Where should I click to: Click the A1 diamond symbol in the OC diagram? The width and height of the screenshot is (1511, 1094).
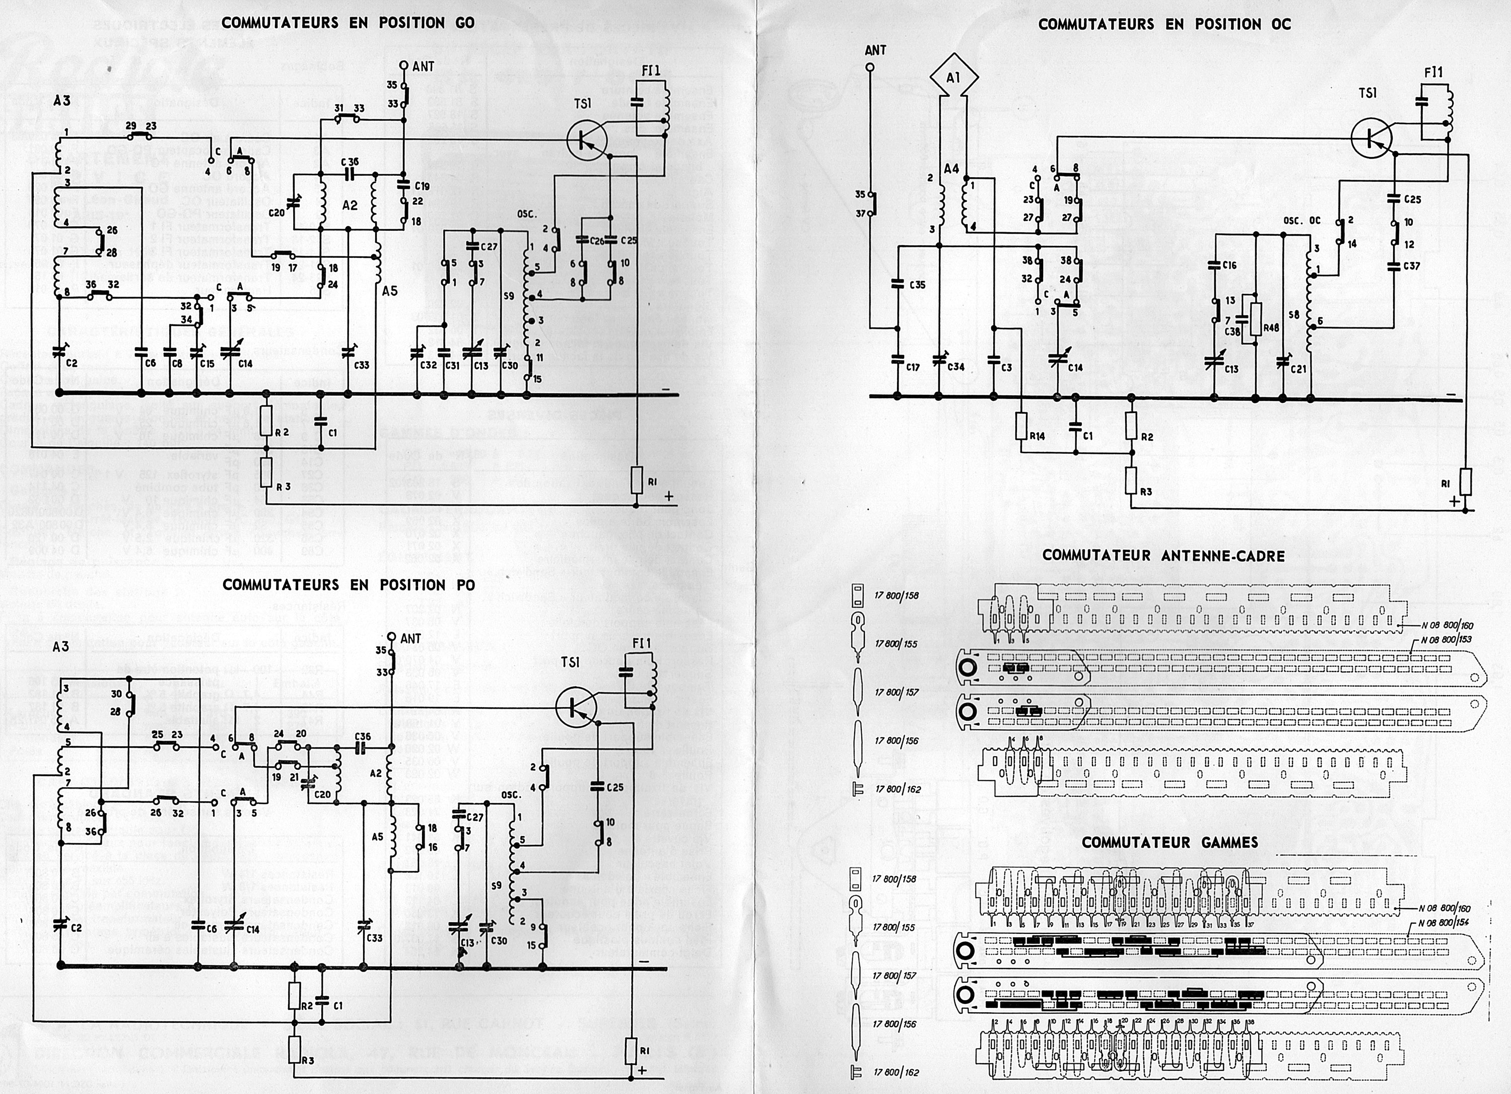(x=953, y=78)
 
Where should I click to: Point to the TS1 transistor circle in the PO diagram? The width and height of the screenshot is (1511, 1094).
(x=576, y=708)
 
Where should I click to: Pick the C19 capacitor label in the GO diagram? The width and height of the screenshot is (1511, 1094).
(x=422, y=186)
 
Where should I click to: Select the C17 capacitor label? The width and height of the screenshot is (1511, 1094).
(x=912, y=367)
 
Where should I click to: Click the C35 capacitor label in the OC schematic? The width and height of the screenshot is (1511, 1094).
(x=917, y=285)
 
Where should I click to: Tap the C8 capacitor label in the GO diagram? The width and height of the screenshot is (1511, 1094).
(x=177, y=364)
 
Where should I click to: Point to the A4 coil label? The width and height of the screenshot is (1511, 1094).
(x=951, y=169)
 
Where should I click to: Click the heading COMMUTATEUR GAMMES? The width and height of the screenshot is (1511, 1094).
(x=1170, y=842)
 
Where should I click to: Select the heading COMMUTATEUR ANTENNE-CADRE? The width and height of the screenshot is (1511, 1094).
(x=1163, y=556)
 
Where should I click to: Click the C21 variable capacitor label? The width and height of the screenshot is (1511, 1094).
(x=1298, y=368)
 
